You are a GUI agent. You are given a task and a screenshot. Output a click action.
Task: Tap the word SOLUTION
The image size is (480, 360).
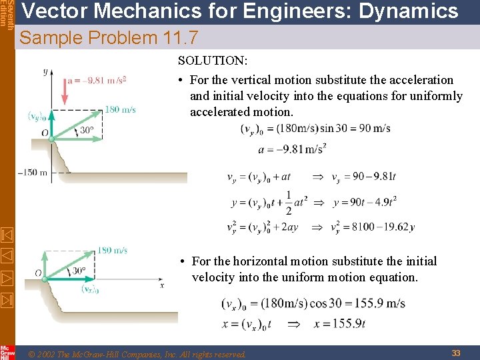(212, 61)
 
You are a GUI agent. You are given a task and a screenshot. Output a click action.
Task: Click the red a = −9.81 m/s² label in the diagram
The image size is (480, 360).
(97, 81)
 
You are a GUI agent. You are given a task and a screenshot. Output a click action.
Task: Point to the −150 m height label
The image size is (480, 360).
(32, 173)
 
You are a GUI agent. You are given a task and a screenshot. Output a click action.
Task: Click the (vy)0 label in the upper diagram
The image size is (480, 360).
(37, 116)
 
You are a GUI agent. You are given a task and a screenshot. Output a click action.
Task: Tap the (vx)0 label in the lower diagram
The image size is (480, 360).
(91, 289)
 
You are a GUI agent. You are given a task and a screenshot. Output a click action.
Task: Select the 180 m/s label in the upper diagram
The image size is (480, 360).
(121, 109)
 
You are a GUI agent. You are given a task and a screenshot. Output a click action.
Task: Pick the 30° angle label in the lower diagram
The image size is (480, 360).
(79, 271)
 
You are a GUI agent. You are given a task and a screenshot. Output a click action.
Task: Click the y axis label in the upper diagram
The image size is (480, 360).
(45, 71)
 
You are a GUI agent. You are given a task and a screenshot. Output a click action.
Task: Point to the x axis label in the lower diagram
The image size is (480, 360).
(161, 285)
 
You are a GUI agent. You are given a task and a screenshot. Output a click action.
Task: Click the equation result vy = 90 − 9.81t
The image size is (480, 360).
(363, 177)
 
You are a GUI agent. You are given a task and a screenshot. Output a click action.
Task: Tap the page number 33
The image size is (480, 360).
(456, 353)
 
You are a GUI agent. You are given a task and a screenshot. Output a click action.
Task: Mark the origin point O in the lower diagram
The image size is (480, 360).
(38, 273)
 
